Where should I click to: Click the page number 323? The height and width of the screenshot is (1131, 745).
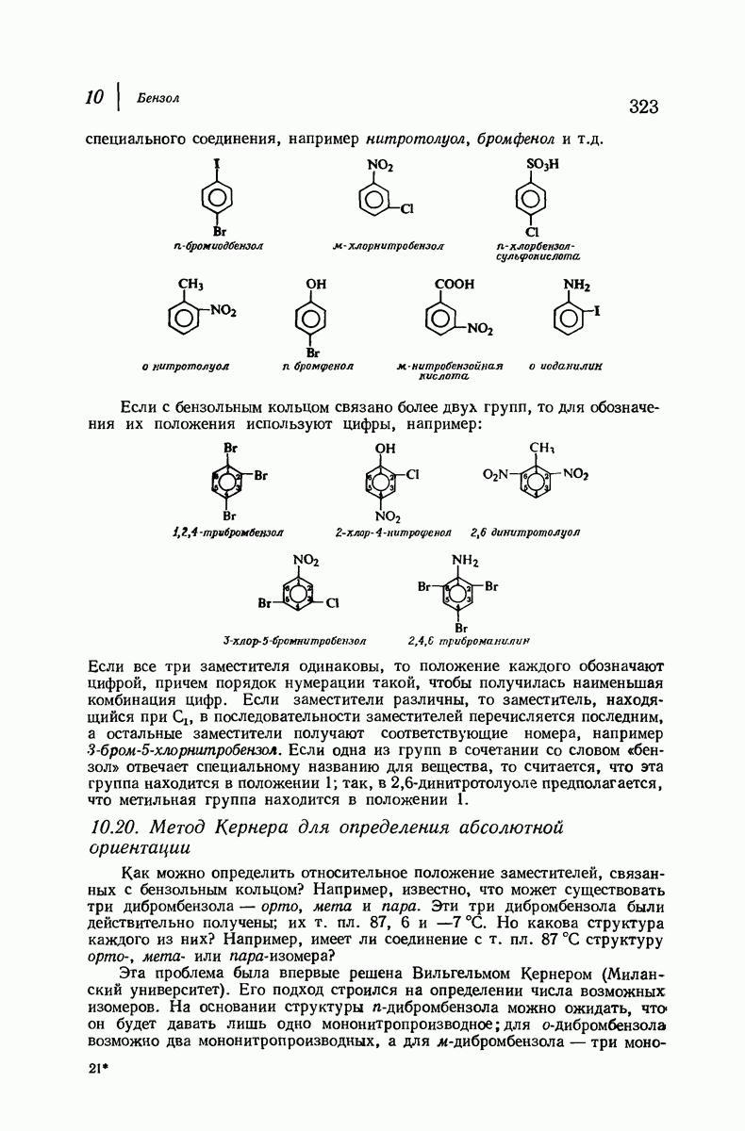point(637,107)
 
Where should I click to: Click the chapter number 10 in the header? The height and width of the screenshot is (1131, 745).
point(94,97)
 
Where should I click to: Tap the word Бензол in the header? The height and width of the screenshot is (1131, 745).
point(157,97)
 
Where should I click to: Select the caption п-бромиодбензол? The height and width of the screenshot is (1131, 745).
point(219,246)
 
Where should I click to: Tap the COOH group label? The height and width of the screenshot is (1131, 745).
point(454,283)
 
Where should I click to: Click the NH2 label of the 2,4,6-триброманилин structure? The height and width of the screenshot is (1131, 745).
point(462,560)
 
